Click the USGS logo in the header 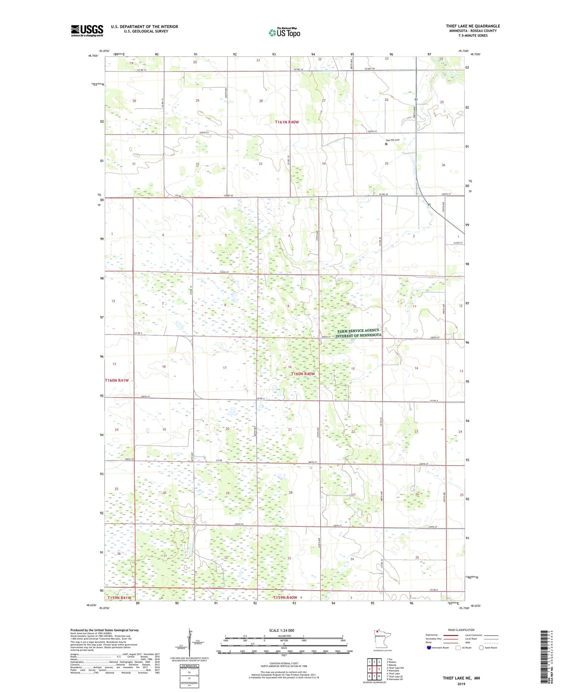[87, 31]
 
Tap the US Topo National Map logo [284, 32]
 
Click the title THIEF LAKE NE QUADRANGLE [473, 26]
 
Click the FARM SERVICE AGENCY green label [358, 331]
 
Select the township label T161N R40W [292, 122]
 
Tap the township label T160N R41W [117, 380]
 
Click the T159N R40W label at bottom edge [285, 597]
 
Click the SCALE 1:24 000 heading [281, 631]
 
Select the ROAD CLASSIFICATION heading [461, 630]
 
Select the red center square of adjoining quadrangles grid [374, 669]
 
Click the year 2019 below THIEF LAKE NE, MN [461, 684]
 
